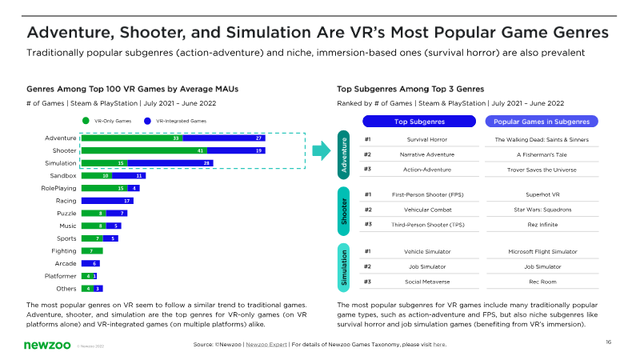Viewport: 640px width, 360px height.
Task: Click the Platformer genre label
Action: tap(60, 275)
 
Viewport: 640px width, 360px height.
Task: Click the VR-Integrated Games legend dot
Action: tap(147, 121)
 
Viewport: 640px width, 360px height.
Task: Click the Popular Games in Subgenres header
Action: tap(542, 121)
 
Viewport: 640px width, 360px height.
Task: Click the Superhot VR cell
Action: tap(542, 194)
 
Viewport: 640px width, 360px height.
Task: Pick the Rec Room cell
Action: tap(542, 281)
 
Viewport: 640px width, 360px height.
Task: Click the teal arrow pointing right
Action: tap(321, 150)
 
